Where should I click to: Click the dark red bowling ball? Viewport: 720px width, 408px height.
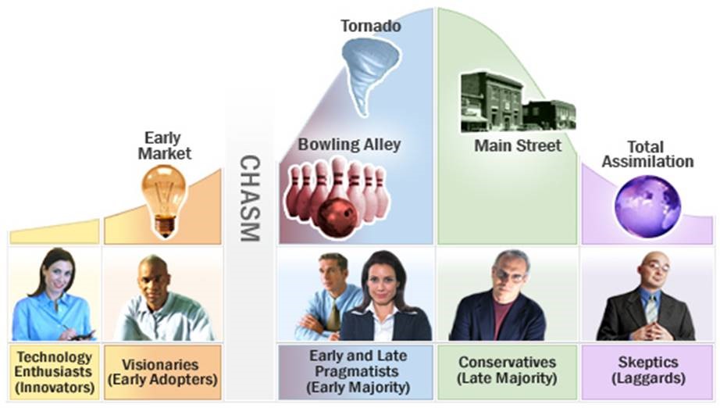(337, 216)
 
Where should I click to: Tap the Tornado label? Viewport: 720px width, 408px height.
(371, 27)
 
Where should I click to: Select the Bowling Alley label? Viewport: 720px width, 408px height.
(349, 144)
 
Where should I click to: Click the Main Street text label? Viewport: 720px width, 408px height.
(518, 146)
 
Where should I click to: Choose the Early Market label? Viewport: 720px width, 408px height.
(165, 145)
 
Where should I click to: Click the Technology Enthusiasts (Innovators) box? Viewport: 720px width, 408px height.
(53, 372)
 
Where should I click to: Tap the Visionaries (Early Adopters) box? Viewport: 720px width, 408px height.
(161, 372)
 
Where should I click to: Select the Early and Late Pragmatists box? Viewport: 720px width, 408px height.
(355, 372)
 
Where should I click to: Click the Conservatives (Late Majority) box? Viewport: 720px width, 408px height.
(507, 371)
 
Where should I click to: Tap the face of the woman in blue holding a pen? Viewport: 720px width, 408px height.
(58, 274)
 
